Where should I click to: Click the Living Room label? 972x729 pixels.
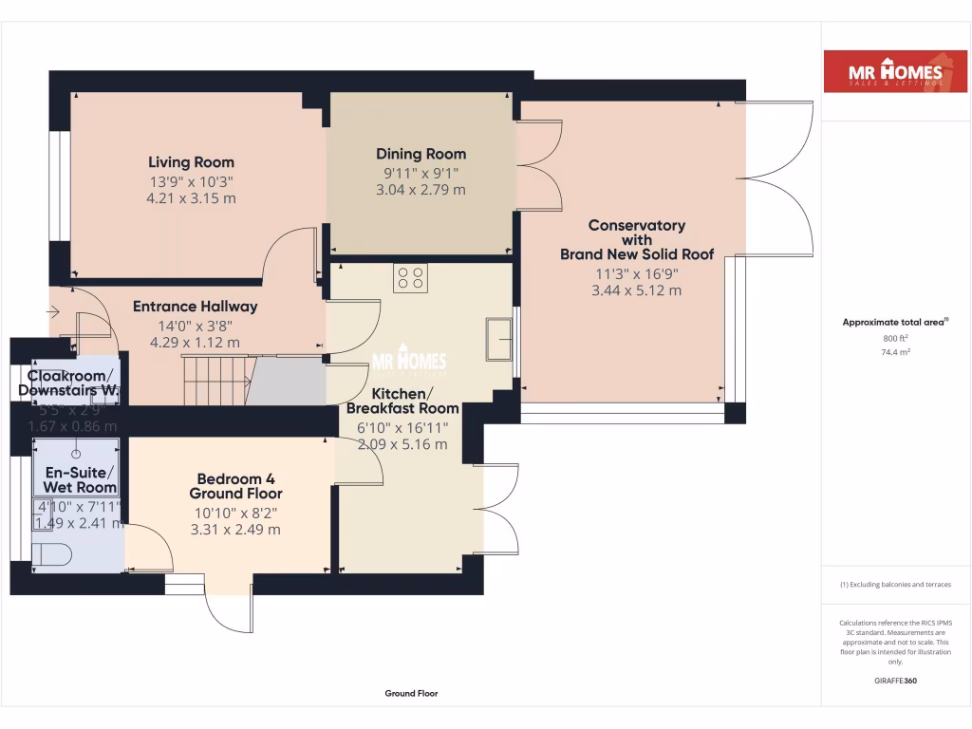point(191,162)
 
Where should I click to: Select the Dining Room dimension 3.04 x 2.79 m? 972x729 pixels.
point(421,190)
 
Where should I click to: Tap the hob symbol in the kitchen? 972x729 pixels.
point(411,277)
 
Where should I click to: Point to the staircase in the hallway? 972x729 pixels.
point(216,380)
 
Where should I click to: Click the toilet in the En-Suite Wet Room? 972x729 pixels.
point(52,554)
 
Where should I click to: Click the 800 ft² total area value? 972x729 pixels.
point(895,338)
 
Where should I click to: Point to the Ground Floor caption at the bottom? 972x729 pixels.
point(411,694)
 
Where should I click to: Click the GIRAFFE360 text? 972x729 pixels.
point(895,681)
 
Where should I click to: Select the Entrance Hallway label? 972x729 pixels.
point(195,307)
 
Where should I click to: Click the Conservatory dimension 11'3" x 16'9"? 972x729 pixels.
point(636,273)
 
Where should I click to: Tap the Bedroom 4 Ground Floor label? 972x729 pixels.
point(235,486)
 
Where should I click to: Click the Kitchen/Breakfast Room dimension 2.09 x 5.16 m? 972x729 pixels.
point(402,443)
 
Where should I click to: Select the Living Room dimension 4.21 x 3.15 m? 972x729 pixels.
point(191,198)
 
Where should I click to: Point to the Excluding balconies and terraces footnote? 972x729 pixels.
point(895,585)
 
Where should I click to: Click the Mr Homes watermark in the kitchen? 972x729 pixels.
point(408,362)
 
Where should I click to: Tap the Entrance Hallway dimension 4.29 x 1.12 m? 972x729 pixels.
point(195,342)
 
